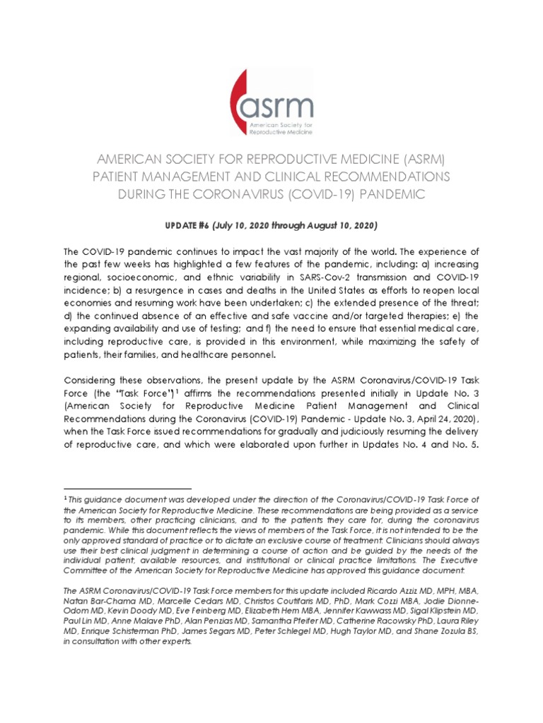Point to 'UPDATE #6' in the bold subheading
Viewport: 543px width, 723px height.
[x=185, y=225]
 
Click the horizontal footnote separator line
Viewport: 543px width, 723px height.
[x=127, y=488]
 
